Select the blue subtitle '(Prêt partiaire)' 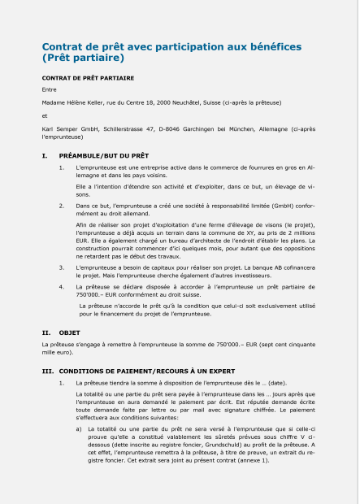(82, 59)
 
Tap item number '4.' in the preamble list (62, 286)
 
